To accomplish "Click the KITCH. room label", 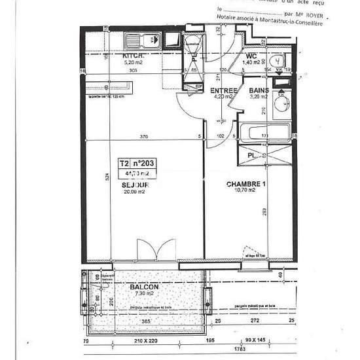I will [x=133, y=56].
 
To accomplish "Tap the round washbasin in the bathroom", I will [x=282, y=103].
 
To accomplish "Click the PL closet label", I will [x=251, y=156].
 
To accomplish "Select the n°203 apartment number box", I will [x=144, y=164].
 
